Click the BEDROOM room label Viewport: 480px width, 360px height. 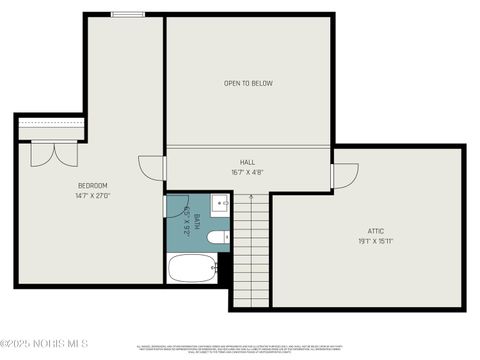coord(93,186)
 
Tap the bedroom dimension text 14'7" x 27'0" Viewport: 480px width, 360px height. coord(93,196)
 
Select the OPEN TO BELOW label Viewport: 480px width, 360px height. coord(248,83)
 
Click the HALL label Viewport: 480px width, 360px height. coord(247,162)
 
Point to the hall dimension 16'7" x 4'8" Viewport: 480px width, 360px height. coord(247,172)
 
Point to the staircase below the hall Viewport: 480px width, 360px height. coord(251,250)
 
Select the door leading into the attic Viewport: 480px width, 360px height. coord(344,176)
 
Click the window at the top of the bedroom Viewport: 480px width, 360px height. coord(127,14)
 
